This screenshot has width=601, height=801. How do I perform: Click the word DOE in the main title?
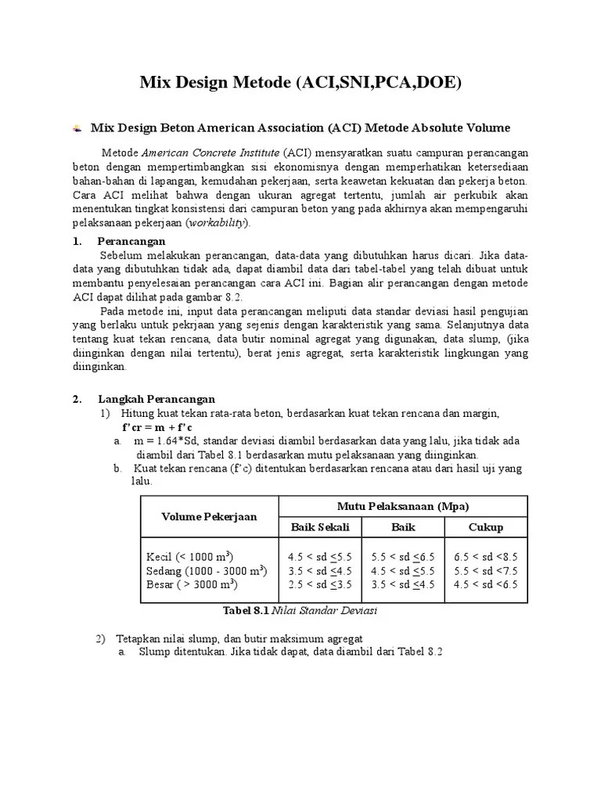439,81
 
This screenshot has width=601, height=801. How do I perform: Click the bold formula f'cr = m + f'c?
157,427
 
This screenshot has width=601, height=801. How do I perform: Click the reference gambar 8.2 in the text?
220,297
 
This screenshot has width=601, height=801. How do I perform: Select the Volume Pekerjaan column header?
209,516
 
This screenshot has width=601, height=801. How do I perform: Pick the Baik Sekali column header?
320,527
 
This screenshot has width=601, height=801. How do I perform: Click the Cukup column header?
485,527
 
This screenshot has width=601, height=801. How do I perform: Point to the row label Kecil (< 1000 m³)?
190,556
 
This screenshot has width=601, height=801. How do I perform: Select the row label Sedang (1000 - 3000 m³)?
207,570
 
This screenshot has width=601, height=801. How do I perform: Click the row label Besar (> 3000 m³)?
192,584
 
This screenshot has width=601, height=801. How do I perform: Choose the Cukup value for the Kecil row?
485,557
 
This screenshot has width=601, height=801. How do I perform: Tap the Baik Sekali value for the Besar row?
320,584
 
